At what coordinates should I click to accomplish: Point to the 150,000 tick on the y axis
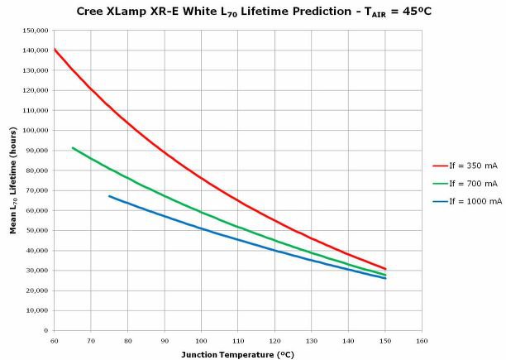pyautogui.click(x=36, y=31)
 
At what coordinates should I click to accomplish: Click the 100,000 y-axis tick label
pyautogui.click(x=36, y=131)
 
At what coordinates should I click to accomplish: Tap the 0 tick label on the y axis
pyautogui.click(x=46, y=330)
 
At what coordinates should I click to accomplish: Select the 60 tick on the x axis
pyautogui.click(x=54, y=339)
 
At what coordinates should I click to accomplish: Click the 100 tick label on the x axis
pyautogui.click(x=202, y=339)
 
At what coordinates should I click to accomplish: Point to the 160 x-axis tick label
pyautogui.click(x=422, y=339)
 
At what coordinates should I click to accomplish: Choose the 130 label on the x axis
pyautogui.click(x=312, y=339)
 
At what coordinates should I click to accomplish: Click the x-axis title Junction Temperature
pyautogui.click(x=237, y=353)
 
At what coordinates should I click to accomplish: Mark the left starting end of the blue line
pyautogui.click(x=109, y=196)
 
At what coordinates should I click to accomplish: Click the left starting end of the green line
pyautogui.click(x=73, y=148)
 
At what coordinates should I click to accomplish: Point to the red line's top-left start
pyautogui.click(x=55, y=50)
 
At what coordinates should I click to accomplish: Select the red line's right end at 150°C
pyautogui.click(x=385, y=269)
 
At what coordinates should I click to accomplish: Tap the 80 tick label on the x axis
pyautogui.click(x=127, y=339)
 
